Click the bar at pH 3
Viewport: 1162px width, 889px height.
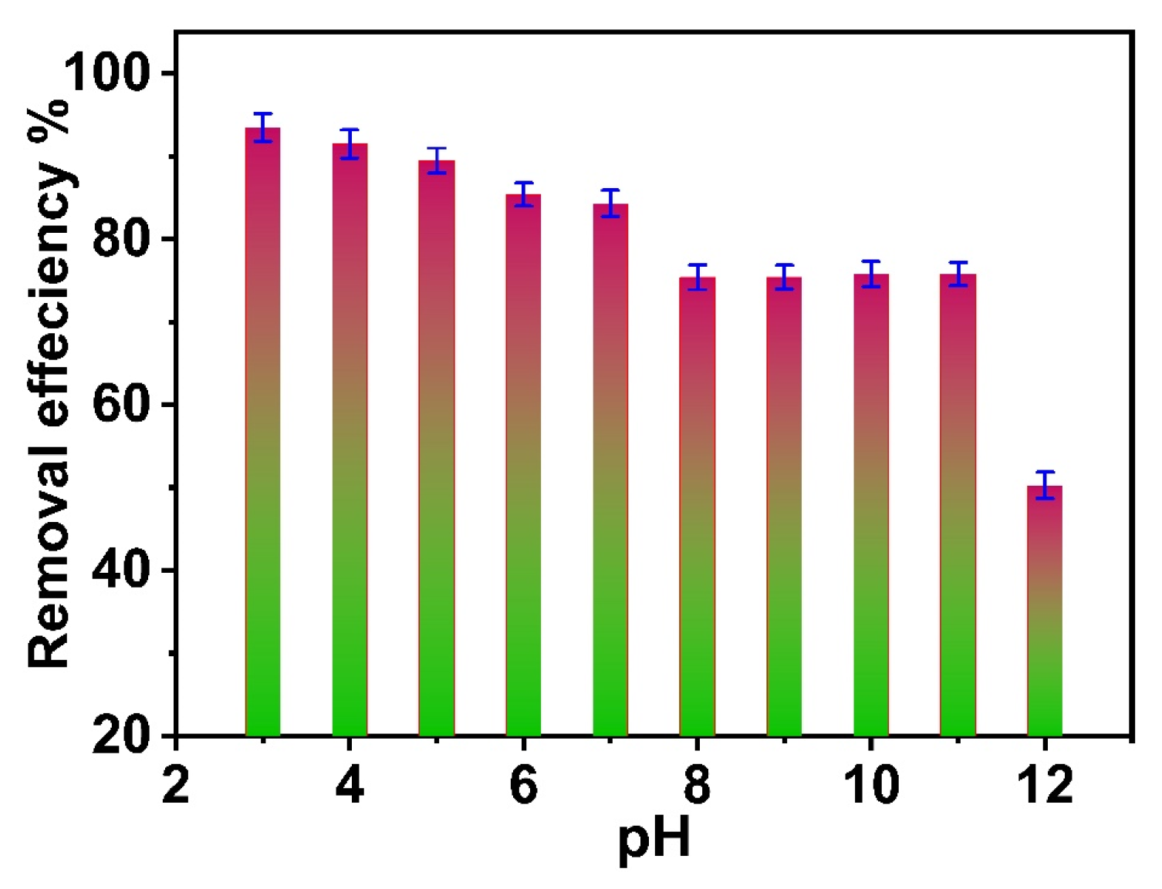262,432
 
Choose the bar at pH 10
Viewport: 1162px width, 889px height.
871,505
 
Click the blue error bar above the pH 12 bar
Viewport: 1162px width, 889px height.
1045,485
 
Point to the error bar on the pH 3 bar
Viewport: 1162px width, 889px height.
262,127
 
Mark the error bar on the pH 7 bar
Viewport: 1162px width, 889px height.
610,203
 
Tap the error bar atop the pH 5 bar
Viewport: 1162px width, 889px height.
437,160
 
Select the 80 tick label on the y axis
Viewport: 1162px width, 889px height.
120,239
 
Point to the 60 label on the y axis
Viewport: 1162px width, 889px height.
120,405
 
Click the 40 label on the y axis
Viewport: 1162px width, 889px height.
120,571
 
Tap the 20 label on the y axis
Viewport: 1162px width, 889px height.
120,736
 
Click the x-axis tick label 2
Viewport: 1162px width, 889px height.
176,786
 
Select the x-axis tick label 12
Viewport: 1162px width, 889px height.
1045,786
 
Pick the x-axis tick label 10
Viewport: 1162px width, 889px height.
871,786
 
